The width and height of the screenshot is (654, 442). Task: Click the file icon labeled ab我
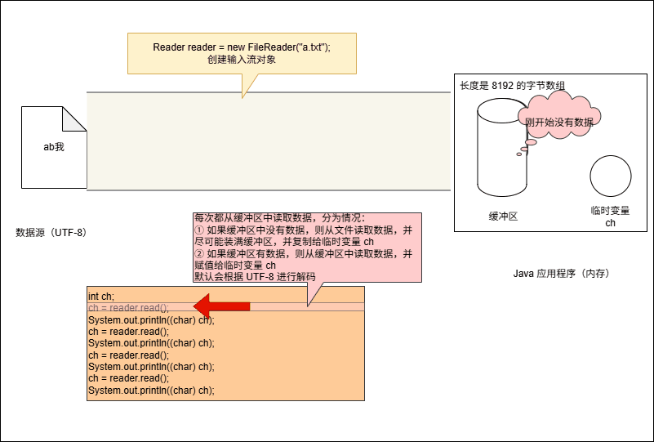[x=54, y=148]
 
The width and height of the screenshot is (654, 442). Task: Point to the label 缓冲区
[x=503, y=217]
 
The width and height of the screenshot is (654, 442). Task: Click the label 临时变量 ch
[x=610, y=217]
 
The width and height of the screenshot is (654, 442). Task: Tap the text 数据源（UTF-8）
[x=51, y=233]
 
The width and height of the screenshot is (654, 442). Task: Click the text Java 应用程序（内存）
[x=562, y=273]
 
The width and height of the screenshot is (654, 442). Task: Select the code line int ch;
[x=101, y=296]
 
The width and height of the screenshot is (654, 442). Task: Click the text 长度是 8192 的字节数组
[x=513, y=85]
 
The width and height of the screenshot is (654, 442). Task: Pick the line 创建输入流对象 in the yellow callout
[x=242, y=60]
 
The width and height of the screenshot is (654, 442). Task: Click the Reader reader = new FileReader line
[x=242, y=47]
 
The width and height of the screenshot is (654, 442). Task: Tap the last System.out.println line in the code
[x=151, y=391]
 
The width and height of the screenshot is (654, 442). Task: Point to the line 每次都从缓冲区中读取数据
[x=281, y=218]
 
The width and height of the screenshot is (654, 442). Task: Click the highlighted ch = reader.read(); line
[x=128, y=307]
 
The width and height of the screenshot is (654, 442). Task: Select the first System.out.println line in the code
[x=151, y=319]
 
